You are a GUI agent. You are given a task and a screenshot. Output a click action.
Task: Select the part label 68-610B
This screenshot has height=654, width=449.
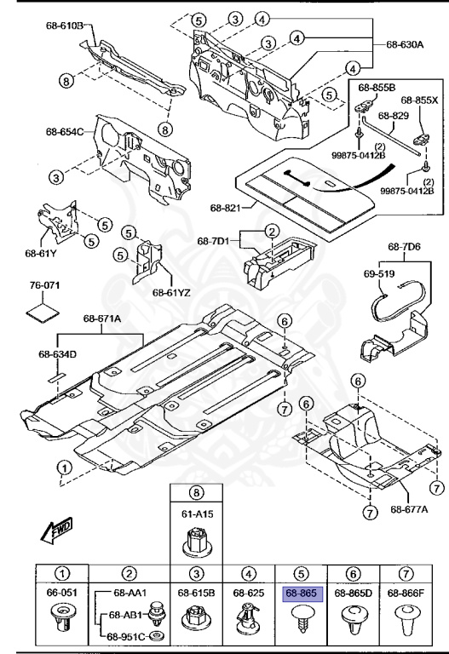65,26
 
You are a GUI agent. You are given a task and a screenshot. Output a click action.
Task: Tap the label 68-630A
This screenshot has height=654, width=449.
404,44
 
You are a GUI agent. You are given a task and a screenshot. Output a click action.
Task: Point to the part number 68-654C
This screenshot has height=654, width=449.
65,132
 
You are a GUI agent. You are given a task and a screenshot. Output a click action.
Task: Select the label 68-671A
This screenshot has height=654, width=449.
102,318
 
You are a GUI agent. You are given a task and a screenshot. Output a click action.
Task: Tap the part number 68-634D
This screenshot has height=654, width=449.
57,354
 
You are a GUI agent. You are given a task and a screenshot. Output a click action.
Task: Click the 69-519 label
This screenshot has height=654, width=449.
381,276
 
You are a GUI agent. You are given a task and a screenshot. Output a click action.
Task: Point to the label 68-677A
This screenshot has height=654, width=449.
409,509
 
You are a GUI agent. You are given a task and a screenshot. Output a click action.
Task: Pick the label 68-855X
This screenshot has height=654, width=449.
418,99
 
